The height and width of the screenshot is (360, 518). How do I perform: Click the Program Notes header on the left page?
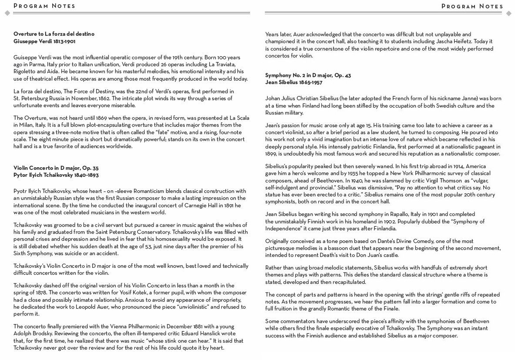click(44, 6)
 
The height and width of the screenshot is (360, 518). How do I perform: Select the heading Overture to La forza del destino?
click(54, 34)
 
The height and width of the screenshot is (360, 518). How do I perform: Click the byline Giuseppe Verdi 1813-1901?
click(44, 41)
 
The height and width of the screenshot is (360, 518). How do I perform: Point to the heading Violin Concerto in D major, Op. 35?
click(56, 168)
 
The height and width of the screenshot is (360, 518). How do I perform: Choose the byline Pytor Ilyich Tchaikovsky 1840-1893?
click(56, 175)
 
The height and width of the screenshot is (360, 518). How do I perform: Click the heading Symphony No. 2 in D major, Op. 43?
click(308, 75)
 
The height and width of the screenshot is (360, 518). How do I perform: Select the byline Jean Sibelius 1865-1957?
click(294, 82)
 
